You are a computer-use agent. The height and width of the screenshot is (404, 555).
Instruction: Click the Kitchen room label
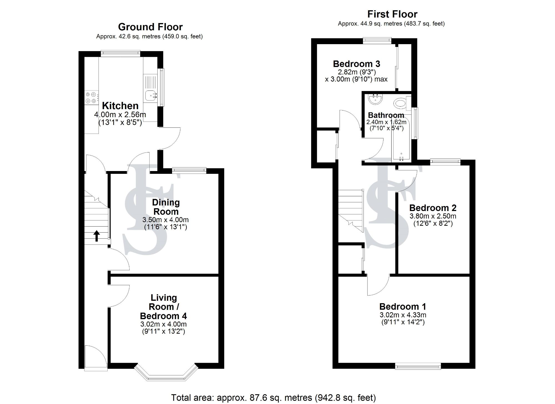point(120,106)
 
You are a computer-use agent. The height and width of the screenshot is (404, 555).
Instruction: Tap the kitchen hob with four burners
point(91,98)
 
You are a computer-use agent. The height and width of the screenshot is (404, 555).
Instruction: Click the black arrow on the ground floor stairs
point(96,236)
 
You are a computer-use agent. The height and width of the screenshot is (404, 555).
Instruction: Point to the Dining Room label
point(166,207)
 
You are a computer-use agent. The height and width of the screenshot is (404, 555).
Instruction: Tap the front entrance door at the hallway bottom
point(96,358)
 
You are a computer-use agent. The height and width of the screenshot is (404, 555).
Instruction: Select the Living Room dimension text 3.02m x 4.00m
point(163,324)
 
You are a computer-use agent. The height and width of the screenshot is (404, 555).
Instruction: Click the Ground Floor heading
point(150,27)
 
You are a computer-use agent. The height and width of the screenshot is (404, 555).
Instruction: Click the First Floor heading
point(392,14)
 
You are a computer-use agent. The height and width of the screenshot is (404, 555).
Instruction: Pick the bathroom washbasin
point(376,99)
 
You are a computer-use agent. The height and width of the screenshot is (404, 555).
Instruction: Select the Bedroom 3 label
point(356,64)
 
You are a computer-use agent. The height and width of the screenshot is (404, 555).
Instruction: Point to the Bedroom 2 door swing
point(407,180)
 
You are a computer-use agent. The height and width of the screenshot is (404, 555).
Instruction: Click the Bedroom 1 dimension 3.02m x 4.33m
point(402,315)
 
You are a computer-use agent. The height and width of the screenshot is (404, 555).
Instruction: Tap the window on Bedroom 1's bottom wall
point(418,367)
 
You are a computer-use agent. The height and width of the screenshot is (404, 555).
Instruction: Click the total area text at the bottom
point(273,398)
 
